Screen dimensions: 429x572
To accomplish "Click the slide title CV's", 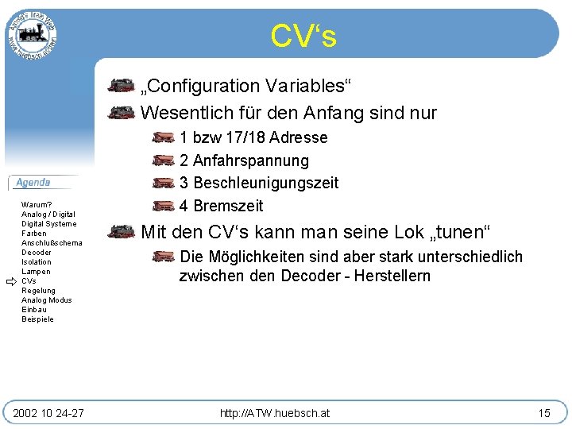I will point(303,36).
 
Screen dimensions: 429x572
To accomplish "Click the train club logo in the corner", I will point(32,33).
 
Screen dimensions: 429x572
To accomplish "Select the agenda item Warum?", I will point(37,205).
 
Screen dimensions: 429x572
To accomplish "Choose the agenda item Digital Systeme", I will point(49,224).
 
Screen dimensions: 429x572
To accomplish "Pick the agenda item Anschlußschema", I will point(52,243).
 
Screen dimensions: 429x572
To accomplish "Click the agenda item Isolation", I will point(37,262).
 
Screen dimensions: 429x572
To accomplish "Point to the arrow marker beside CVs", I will point(10,281).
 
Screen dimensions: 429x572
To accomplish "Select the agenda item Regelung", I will point(39,291).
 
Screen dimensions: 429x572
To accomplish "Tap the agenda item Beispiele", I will point(38,319).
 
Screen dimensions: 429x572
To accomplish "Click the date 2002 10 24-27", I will point(48,413).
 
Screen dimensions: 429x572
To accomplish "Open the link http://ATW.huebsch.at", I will point(275,413).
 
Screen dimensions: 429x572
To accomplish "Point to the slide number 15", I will point(544,413).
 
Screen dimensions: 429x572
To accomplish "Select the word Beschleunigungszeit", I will point(266,183).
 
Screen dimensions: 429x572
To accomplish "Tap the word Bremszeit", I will point(228,206).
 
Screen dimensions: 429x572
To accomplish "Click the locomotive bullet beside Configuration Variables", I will point(121,85).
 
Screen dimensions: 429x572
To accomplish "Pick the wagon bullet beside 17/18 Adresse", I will point(162,137).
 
